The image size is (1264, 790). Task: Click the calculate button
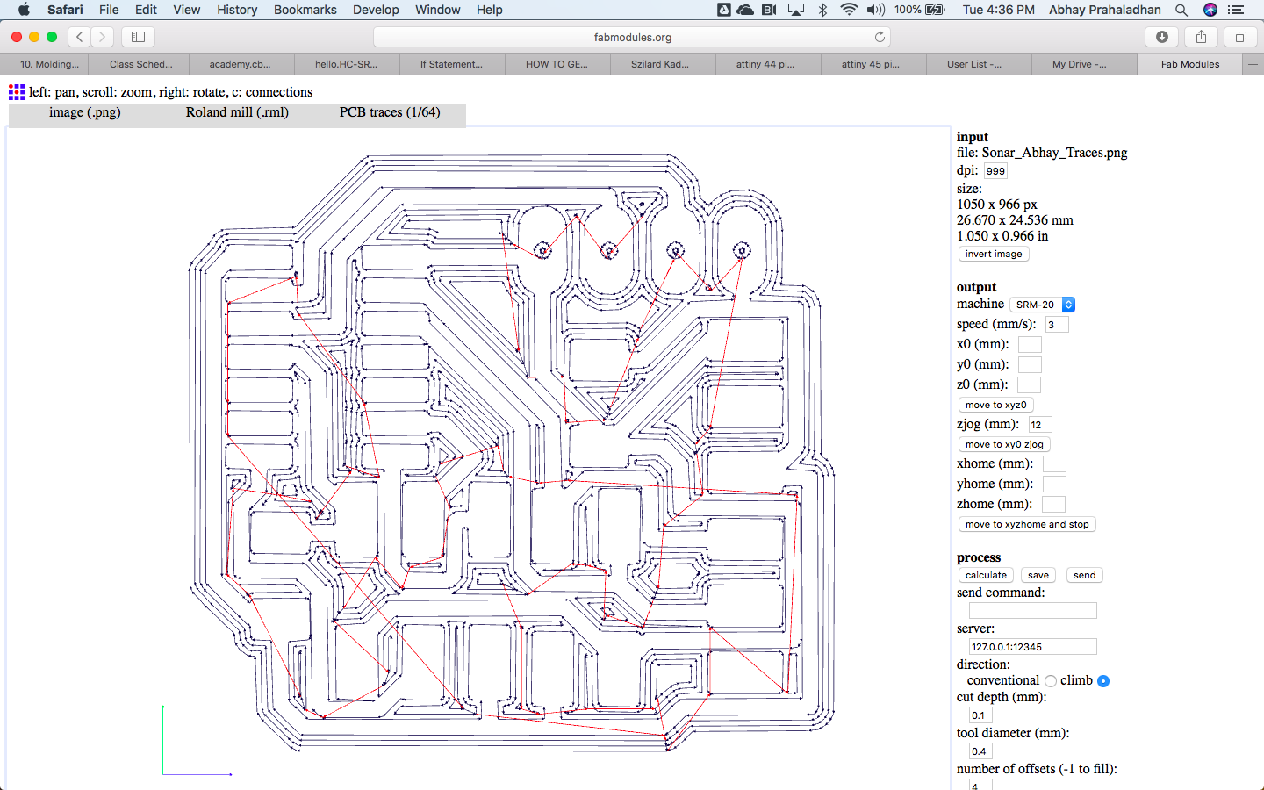click(986, 575)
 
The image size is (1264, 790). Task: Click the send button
click(1084, 575)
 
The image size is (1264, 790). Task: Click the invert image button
click(993, 254)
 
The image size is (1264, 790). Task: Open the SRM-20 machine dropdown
click(1042, 305)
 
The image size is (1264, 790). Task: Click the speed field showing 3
click(1057, 325)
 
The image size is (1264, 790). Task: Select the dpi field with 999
click(995, 171)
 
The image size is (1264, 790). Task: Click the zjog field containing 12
click(1039, 425)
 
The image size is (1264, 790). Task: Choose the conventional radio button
click(1051, 681)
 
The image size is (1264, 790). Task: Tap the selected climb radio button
click(1103, 681)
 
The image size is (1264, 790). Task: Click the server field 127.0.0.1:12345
click(1032, 647)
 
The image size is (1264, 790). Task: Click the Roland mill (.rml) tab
click(237, 112)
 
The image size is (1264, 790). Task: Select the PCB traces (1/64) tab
click(390, 112)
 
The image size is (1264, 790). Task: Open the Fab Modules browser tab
click(1189, 64)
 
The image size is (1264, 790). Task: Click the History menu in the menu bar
click(237, 10)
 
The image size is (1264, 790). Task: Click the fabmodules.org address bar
click(632, 37)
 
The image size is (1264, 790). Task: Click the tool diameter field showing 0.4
click(980, 751)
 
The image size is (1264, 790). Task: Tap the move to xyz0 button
click(995, 405)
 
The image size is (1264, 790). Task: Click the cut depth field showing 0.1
click(980, 715)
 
